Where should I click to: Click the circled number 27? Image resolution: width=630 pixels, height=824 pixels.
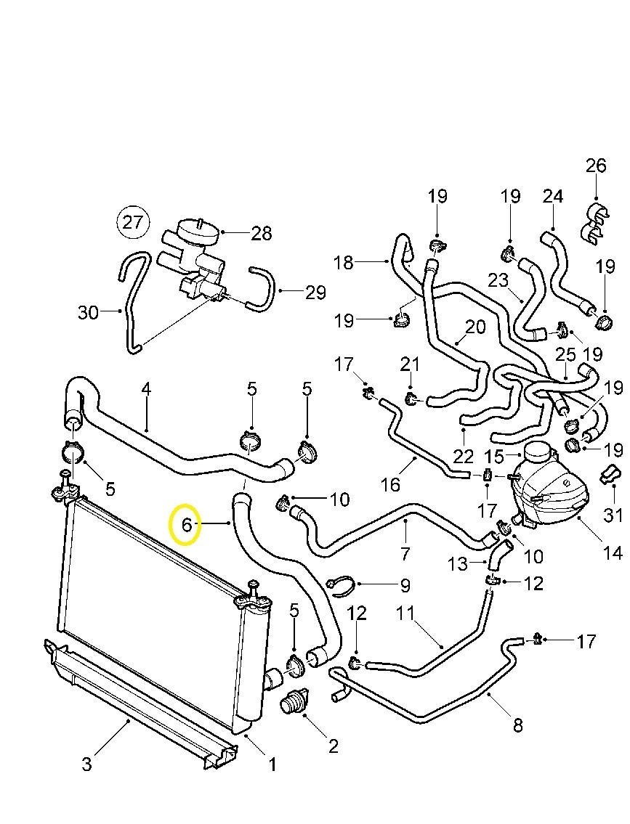pyautogui.click(x=133, y=221)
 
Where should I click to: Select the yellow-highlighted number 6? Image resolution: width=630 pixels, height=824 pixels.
pyautogui.click(x=186, y=523)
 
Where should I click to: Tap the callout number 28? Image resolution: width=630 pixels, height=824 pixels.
pyautogui.click(x=261, y=233)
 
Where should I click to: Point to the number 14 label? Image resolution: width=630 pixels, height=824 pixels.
pyautogui.click(x=613, y=552)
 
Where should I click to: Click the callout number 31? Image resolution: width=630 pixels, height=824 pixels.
pyautogui.click(x=614, y=515)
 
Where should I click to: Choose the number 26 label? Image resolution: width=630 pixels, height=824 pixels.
pyautogui.click(x=596, y=166)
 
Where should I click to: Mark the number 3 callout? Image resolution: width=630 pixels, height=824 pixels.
pyautogui.click(x=86, y=764)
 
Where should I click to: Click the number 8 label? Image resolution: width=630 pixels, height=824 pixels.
pyautogui.click(x=517, y=725)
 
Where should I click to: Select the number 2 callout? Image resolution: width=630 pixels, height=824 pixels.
pyautogui.click(x=333, y=746)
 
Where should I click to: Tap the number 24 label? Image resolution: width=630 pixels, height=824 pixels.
pyautogui.click(x=553, y=196)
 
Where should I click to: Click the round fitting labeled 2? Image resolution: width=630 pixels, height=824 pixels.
pyautogui.click(x=294, y=702)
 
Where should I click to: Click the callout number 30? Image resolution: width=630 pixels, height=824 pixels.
pyautogui.click(x=88, y=312)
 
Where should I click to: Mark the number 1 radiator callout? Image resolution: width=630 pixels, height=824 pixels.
pyautogui.click(x=272, y=764)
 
